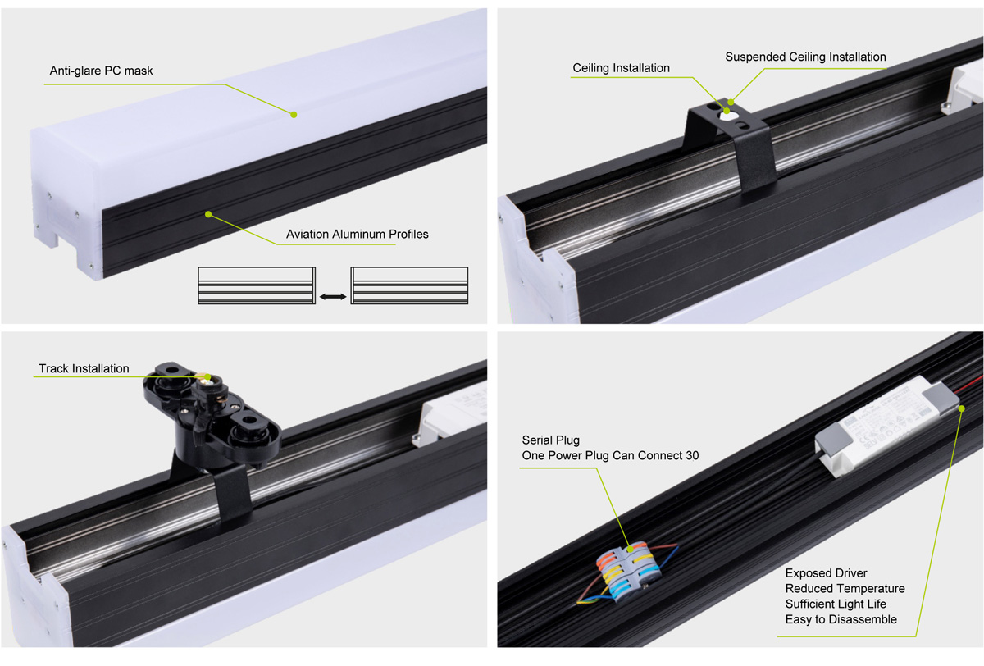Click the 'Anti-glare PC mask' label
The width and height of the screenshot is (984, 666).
click(101, 71)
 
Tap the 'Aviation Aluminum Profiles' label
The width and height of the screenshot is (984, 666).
click(357, 235)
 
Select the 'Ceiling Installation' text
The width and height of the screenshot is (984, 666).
click(621, 68)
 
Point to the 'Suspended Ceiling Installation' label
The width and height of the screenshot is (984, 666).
click(805, 57)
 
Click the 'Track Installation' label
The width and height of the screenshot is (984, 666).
click(84, 369)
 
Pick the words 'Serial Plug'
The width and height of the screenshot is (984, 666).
click(550, 440)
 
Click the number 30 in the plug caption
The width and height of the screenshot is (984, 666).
click(691, 455)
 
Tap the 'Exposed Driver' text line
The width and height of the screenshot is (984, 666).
click(826, 573)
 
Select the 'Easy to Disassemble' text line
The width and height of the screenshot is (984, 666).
click(840, 619)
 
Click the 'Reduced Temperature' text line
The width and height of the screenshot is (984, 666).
click(845, 589)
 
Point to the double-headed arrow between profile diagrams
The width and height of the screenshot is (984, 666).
click(332, 296)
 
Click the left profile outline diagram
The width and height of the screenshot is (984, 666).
click(256, 285)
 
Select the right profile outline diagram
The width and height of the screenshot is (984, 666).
click(409, 285)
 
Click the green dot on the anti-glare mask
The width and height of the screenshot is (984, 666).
click(293, 115)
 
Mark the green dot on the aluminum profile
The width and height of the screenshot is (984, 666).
click(208, 214)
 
